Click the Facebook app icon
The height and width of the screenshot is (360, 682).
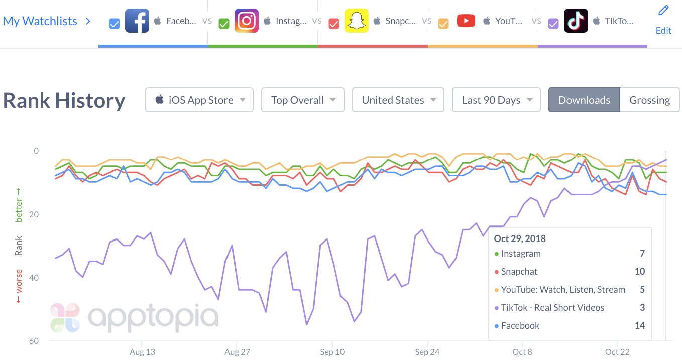click(137, 21)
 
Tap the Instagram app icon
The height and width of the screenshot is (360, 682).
click(247, 21)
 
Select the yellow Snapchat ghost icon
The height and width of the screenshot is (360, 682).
click(356, 21)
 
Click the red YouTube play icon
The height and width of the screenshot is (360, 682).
click(466, 21)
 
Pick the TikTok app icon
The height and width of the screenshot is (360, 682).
click(576, 21)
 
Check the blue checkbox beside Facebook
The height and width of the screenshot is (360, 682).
click(115, 24)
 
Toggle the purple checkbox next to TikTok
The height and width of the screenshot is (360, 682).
click(553, 24)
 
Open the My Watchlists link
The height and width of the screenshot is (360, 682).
click(40, 21)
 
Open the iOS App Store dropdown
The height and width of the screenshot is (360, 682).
click(199, 100)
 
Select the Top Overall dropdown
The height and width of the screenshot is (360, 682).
click(302, 100)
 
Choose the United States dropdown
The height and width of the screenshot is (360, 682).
click(398, 100)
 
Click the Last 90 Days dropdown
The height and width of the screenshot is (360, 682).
click(496, 100)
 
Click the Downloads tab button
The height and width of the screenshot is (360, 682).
click(584, 100)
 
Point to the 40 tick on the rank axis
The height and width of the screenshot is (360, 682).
click(34, 278)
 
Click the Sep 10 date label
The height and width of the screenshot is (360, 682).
click(332, 352)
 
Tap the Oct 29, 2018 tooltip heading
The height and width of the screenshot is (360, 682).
click(520, 238)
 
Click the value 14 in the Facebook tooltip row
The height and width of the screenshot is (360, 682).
click(639, 325)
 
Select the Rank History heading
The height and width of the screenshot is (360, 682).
click(64, 100)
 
